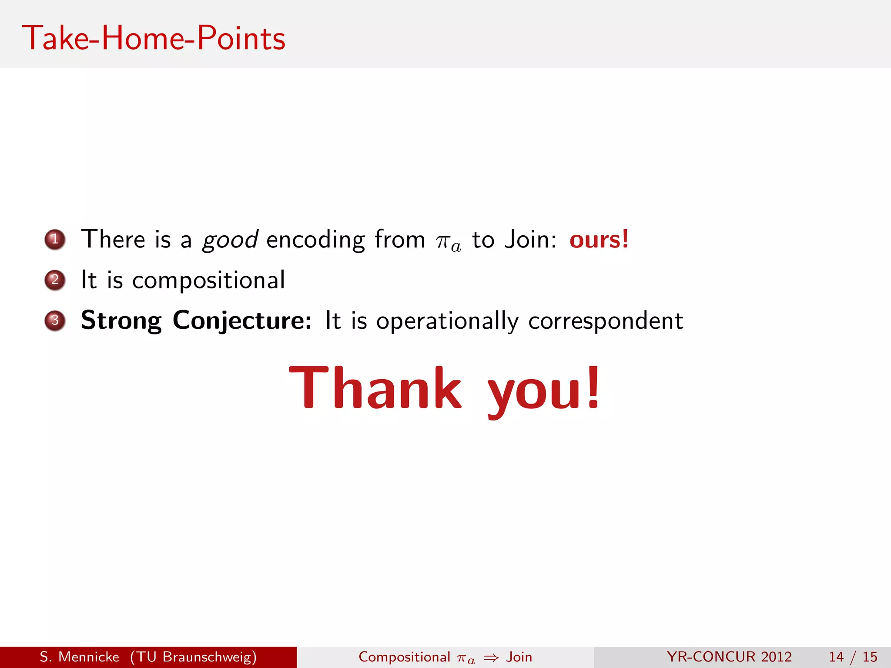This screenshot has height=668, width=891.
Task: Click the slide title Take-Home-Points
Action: (154, 38)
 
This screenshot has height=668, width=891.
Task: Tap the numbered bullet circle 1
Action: (55, 240)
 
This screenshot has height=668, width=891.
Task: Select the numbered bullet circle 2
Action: (55, 280)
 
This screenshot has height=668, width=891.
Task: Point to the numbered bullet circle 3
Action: (55, 321)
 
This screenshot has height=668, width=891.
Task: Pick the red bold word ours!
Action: (599, 239)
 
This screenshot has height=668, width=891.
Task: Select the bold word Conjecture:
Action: (242, 321)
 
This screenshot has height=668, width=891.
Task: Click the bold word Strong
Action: (121, 321)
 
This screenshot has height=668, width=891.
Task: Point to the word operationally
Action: (447, 322)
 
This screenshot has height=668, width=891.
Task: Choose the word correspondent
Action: (605, 322)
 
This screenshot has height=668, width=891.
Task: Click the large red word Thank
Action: (375, 388)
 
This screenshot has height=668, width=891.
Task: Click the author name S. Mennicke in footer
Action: (79, 657)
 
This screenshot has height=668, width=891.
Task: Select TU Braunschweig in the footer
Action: (194, 657)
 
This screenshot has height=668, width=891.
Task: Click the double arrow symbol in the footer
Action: (491, 658)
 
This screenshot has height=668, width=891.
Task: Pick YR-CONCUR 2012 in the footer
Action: (729, 657)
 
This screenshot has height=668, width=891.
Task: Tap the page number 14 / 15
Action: (853, 657)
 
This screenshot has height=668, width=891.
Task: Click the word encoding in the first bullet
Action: (315, 240)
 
